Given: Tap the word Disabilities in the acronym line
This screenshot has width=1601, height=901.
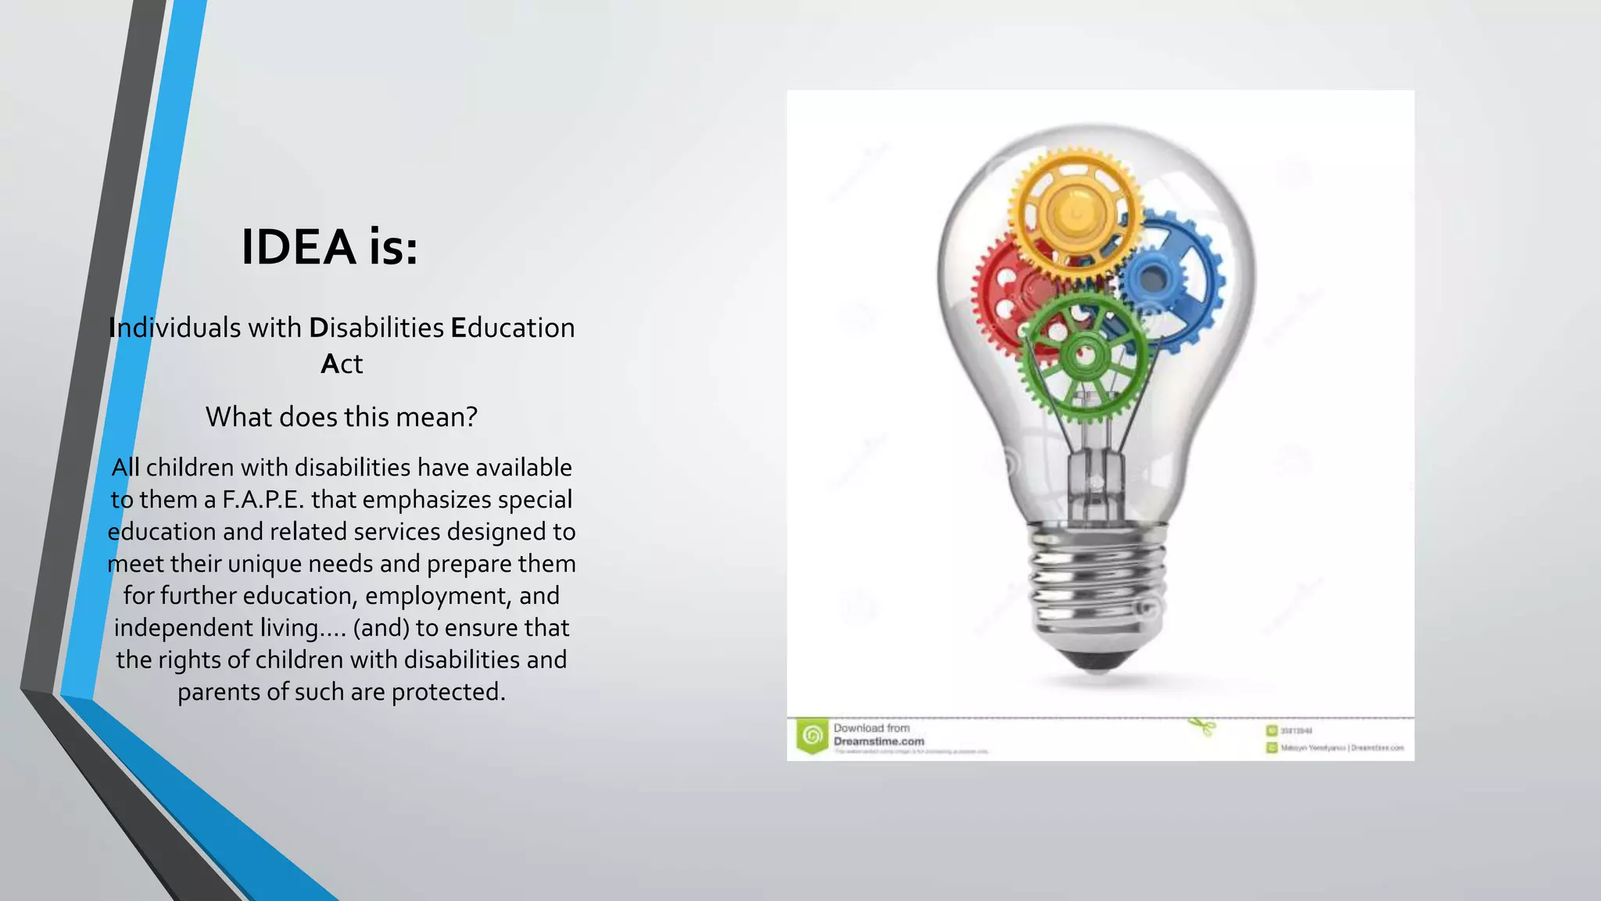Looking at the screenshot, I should click(x=377, y=328).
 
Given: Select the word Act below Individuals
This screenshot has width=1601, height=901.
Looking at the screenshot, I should click(x=342, y=364).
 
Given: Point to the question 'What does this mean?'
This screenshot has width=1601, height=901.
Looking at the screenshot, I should click(x=342, y=417).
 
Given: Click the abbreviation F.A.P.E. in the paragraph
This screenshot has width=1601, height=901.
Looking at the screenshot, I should click(x=263, y=500).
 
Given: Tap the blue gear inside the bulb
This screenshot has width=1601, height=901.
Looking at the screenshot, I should click(x=1173, y=278).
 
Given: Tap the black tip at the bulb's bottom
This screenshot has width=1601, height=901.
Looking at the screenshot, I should click(x=1096, y=661).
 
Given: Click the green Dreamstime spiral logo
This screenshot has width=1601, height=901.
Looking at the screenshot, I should click(x=812, y=735).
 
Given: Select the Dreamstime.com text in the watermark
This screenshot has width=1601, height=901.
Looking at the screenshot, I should click(x=879, y=741).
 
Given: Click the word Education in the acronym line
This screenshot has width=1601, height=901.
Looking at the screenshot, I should click(x=513, y=328).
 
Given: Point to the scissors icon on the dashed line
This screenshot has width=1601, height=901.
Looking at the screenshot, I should click(x=1205, y=727).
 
